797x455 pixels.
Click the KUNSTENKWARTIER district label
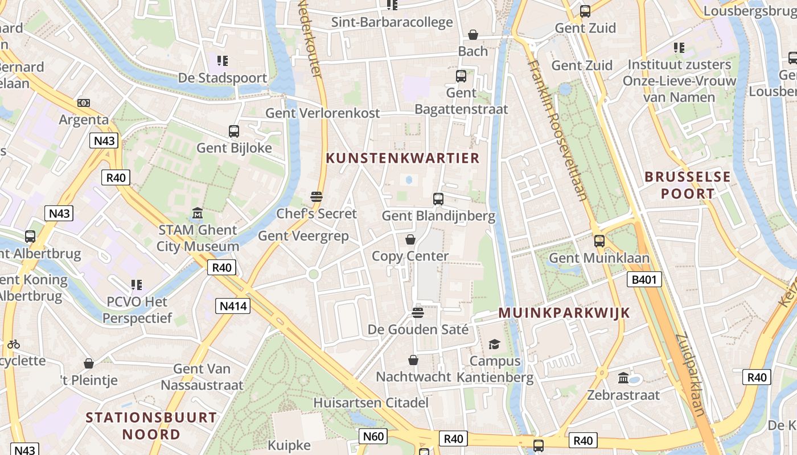[402, 158]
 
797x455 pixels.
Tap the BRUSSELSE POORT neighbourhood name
[687, 185]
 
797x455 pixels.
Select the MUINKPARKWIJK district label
[564, 313]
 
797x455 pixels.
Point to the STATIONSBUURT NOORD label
[151, 426]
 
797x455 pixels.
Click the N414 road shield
[233, 307]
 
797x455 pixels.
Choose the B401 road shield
[644, 279]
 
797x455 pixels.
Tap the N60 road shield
[373, 436]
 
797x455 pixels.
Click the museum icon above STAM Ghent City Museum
[198, 213]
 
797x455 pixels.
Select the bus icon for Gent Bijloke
[234, 131]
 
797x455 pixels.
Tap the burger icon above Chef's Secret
[317, 197]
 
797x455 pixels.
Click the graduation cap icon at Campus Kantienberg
[494, 344]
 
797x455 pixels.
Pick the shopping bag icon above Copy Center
[410, 239]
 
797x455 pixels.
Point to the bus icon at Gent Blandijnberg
[438, 199]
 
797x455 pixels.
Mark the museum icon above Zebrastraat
[623, 378]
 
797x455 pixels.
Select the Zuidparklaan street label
[691, 375]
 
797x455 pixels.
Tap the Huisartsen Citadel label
[371, 403]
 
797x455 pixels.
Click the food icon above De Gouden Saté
[418, 312]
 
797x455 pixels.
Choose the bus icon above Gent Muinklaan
[599, 241]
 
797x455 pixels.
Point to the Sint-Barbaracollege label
[392, 22]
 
